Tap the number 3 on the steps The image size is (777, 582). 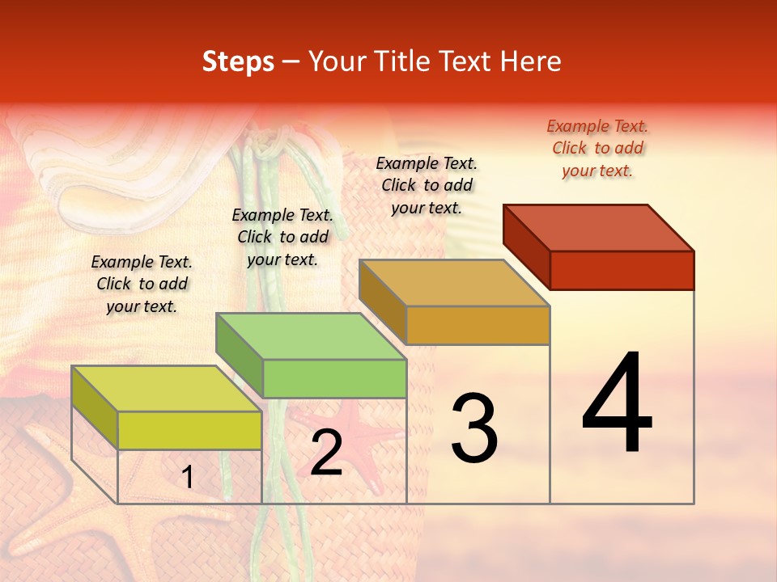point(474,428)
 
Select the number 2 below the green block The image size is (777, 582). point(326,453)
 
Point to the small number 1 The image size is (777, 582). point(188,477)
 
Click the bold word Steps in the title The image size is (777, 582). point(238,61)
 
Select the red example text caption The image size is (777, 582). point(597,148)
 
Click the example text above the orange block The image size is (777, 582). point(427,185)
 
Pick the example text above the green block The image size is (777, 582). point(282,237)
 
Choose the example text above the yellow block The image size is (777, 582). point(142,284)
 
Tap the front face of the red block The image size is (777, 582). point(622,270)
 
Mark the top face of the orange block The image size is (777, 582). point(454,283)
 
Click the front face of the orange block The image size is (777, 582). point(478,325)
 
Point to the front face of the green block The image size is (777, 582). point(334,378)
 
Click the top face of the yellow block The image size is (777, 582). point(167,389)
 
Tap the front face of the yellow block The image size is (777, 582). point(189,430)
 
